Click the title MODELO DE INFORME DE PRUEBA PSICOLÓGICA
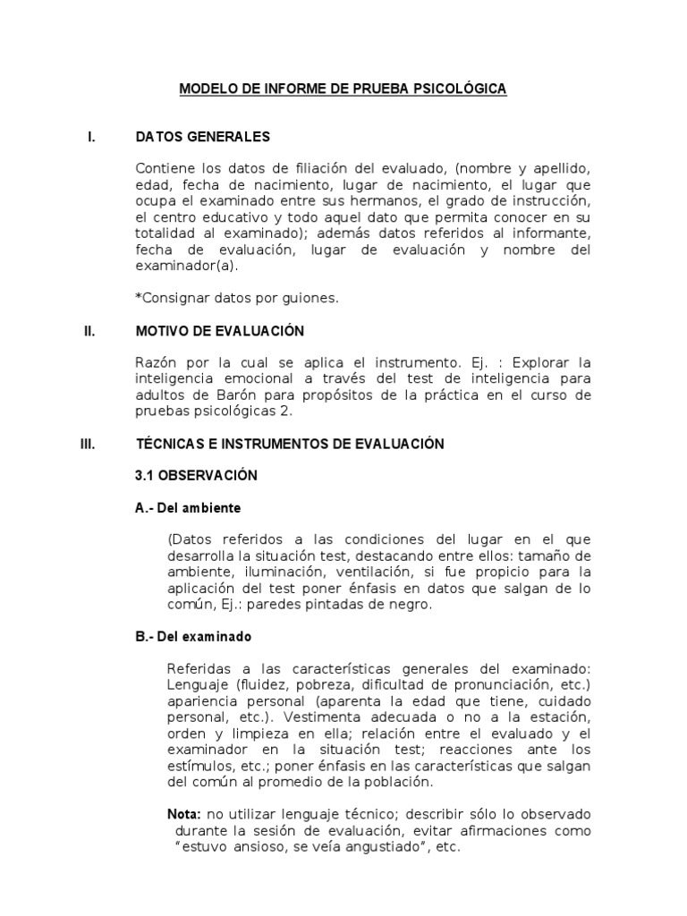(x=343, y=89)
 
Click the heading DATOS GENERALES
(x=202, y=138)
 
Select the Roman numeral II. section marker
(x=89, y=331)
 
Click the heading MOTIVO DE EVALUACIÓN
(x=219, y=331)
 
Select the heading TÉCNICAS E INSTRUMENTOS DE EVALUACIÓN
(x=289, y=444)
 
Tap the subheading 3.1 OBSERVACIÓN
(x=195, y=476)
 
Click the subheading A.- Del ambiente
(x=187, y=508)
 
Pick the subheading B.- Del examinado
(x=192, y=637)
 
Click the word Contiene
(x=164, y=170)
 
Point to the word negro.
(x=411, y=605)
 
